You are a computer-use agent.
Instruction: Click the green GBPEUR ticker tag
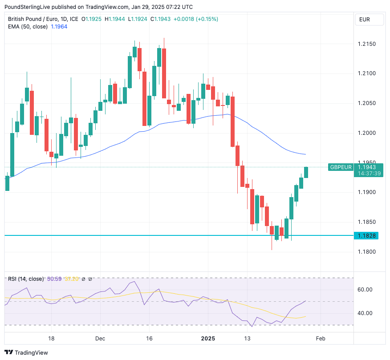coord(341,167)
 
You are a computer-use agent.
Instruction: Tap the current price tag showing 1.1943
coord(367,167)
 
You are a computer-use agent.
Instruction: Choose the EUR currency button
coord(365,20)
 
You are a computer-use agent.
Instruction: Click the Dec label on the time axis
coord(100,339)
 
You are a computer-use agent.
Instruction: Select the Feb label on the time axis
coord(320,339)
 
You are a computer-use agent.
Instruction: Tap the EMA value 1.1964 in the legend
coord(60,27)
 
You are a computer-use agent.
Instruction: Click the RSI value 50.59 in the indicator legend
coord(54,279)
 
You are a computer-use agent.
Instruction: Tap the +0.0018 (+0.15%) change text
coord(195,19)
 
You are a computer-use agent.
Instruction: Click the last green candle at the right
coord(306,172)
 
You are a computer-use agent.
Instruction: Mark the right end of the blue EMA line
coord(306,154)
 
